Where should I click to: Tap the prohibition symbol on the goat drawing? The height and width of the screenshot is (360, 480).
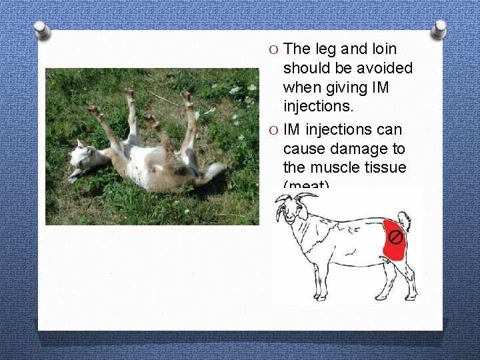395,237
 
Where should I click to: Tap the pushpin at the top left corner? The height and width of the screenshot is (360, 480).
42,30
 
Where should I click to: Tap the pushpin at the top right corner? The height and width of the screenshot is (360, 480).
439,28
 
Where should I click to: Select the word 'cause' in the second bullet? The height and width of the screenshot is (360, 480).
303,147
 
